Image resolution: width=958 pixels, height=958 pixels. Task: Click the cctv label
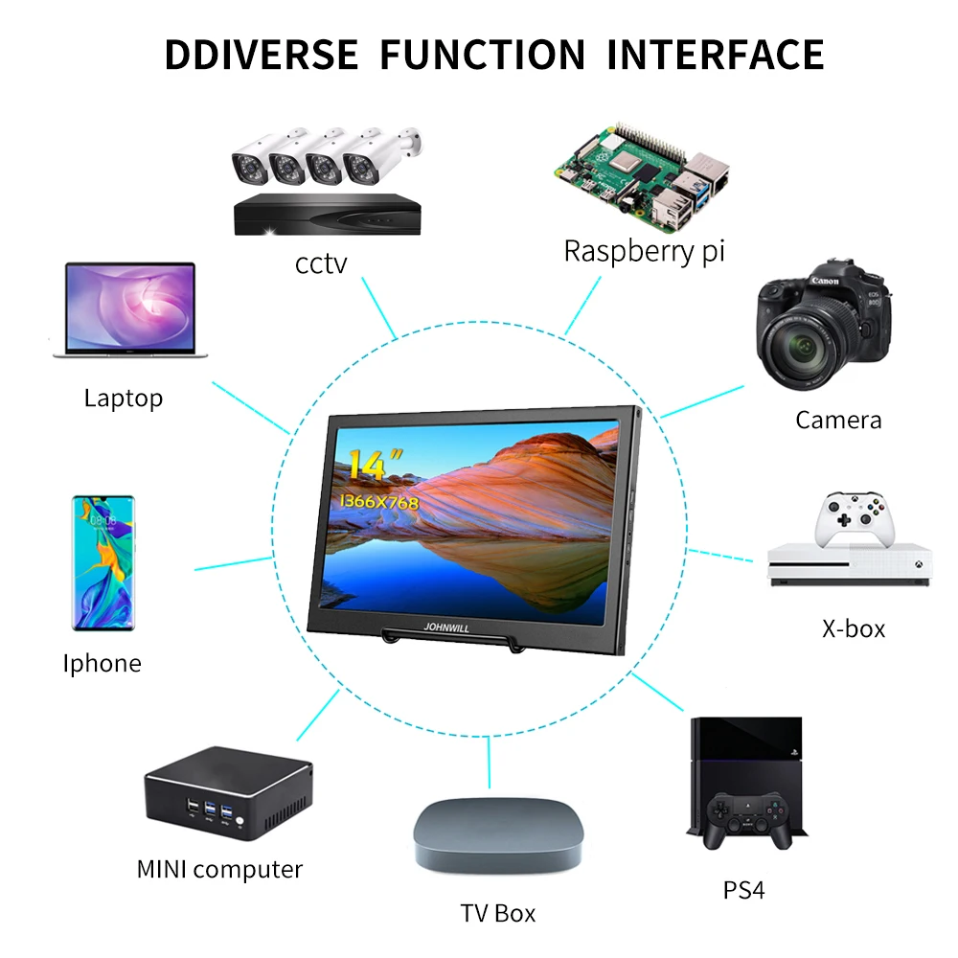(x=321, y=263)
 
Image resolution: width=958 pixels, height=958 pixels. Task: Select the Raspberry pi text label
(x=644, y=251)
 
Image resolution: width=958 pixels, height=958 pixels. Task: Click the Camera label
(x=838, y=419)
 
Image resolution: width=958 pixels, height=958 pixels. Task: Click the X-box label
(x=854, y=628)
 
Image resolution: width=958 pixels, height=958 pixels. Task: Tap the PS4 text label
(x=744, y=890)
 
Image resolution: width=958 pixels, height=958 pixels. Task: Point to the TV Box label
(x=498, y=913)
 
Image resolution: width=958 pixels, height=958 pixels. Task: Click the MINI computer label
(x=219, y=869)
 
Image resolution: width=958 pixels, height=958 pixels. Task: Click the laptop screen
(x=130, y=307)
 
